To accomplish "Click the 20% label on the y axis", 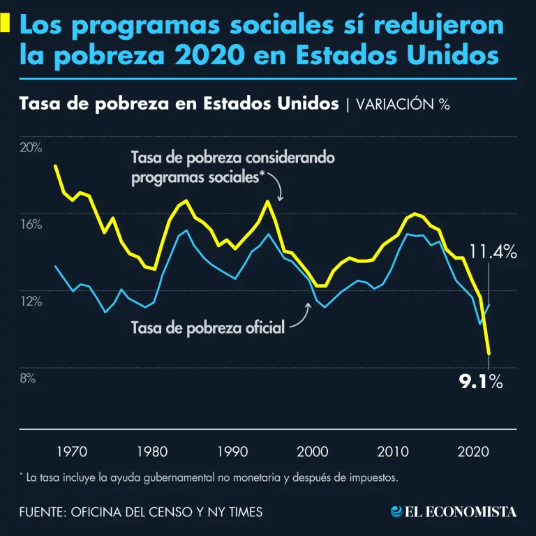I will pos(31,148).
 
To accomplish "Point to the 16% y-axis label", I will pos(31,225).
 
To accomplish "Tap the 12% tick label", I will pos(31,301).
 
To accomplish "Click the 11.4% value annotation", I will pos(493,252).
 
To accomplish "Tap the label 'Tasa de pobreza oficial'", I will pos(208,327).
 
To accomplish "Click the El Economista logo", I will pos(454,512).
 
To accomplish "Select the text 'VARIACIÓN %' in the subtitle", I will pos(403,105).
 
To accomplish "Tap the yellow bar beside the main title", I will pos(6,24).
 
